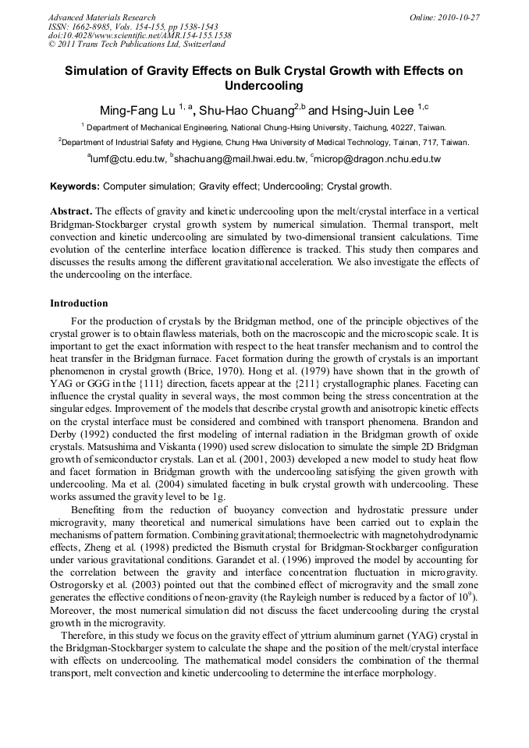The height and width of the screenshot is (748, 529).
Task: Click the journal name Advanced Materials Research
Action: click(x=102, y=17)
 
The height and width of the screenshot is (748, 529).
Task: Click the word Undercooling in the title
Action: click(x=263, y=86)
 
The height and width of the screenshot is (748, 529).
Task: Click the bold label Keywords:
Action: click(x=75, y=187)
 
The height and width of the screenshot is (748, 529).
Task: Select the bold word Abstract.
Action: click(x=71, y=212)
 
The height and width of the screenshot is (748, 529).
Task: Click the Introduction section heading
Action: click(x=79, y=303)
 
